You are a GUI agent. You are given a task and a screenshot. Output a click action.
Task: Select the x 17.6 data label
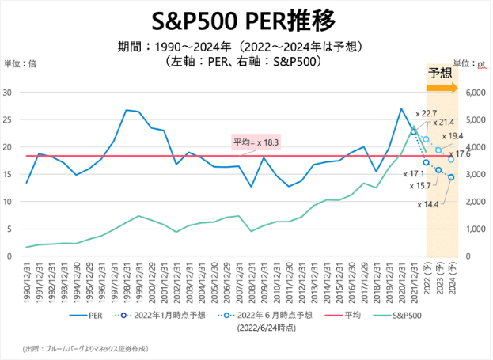pyautogui.click(x=458, y=154)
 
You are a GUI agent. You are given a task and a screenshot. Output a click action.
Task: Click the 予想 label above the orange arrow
pyautogui.click(x=441, y=74)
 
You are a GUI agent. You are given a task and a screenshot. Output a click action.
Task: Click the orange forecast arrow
pyautogui.click(x=442, y=88)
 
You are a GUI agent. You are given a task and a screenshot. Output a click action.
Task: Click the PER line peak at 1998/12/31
pyautogui.click(x=127, y=110)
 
